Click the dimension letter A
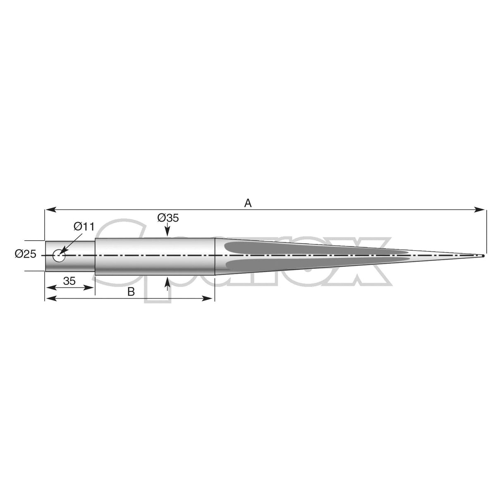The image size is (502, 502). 248,203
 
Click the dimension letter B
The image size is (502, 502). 131,292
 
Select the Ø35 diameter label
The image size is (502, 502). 168,218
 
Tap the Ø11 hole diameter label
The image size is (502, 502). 84,227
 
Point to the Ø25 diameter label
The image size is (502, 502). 26,255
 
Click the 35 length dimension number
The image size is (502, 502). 69,281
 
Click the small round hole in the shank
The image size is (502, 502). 59,256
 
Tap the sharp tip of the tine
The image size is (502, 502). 483,256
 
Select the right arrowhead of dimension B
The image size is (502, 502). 211,299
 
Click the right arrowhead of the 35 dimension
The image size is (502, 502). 92,287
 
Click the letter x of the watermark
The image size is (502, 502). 364,265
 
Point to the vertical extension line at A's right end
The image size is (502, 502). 486,232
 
